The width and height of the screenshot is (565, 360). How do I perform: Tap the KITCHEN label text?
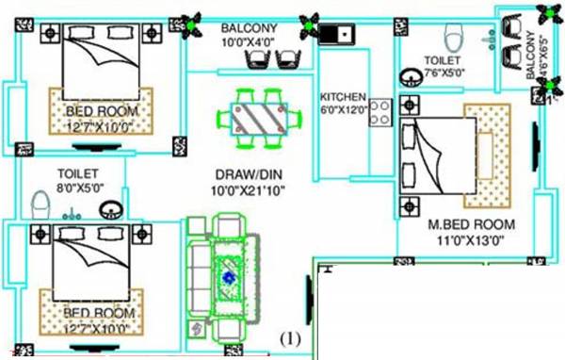click(x=342, y=97)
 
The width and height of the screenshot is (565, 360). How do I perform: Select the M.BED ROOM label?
click(x=471, y=224)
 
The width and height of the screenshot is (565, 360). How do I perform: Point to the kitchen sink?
click(x=335, y=36)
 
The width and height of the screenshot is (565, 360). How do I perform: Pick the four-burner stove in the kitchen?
click(x=379, y=113)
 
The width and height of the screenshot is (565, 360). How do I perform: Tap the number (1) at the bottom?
click(x=290, y=337)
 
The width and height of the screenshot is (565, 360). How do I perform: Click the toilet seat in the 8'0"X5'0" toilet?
click(x=40, y=205)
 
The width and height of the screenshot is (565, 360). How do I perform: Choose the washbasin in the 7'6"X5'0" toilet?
click(x=412, y=76)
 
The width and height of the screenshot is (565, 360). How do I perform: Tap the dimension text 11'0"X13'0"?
click(x=471, y=240)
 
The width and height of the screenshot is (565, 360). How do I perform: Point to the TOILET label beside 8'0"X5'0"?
click(x=78, y=174)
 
